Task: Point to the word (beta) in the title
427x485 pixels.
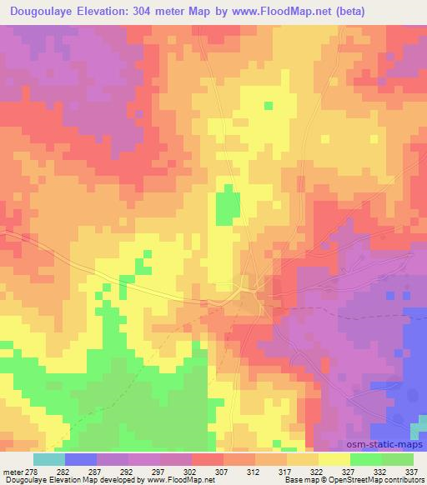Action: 358,12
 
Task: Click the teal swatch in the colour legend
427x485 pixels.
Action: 49,459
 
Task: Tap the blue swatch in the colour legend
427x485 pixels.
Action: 81,459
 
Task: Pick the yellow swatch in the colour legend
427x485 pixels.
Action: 334,459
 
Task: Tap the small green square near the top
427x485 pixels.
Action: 269,106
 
